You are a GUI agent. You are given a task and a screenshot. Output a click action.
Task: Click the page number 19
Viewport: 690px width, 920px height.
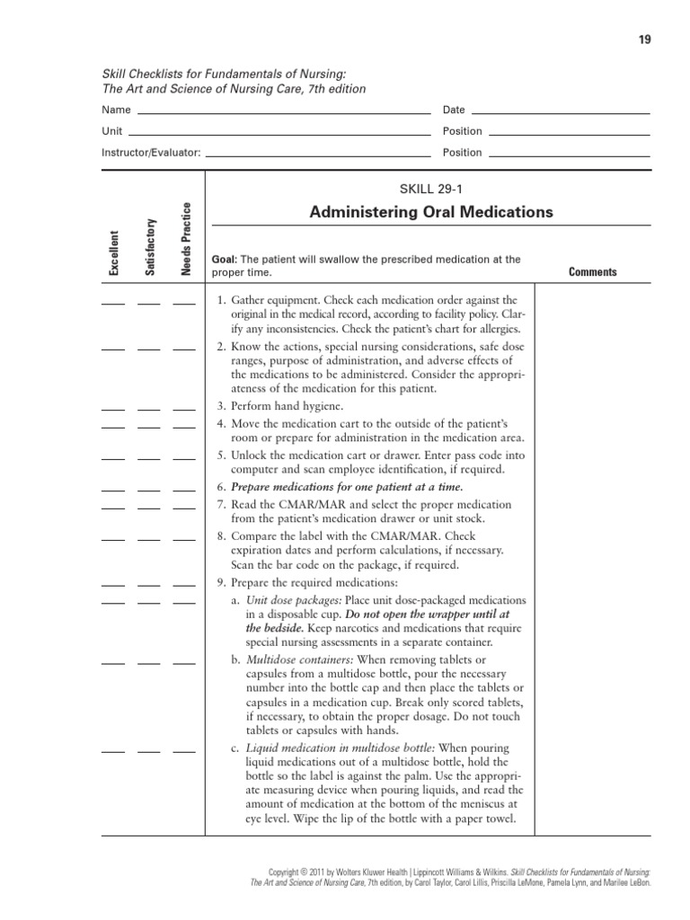coord(645,40)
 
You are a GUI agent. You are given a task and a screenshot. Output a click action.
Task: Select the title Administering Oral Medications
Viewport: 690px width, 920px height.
coord(431,212)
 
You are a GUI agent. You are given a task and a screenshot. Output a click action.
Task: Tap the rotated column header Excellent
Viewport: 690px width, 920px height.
coord(114,253)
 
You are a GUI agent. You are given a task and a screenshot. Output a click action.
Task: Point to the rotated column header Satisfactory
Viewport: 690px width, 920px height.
coord(150,247)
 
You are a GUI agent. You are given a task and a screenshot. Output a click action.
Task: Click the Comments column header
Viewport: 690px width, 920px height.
coord(592,272)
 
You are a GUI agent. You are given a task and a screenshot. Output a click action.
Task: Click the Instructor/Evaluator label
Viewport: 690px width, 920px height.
coord(151,153)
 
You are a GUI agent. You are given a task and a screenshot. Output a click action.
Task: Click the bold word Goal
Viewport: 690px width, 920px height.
coord(223,260)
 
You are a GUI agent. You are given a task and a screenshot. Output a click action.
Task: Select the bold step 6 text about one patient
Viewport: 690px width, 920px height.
coord(347,487)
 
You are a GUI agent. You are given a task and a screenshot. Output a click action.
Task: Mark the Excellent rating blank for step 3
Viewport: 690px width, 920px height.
coord(114,409)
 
